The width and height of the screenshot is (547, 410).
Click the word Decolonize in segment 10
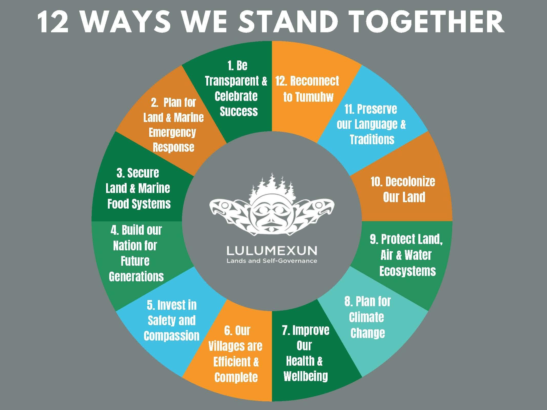coord(403,182)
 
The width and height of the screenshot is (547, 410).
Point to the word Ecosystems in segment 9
coord(408,271)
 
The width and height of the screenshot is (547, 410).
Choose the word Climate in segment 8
coord(367,317)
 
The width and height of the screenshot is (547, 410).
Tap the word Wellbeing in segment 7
coord(306,376)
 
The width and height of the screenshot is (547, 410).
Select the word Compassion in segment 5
coord(171,336)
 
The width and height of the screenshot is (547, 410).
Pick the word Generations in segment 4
coord(136,276)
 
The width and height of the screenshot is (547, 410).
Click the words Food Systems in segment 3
coord(139,204)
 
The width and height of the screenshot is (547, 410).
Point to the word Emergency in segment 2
coord(172,132)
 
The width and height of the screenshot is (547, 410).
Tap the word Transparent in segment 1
coord(232,81)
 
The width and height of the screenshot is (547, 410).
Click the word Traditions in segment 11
coord(372,140)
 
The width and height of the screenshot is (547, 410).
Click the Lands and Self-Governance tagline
coord(272,261)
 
